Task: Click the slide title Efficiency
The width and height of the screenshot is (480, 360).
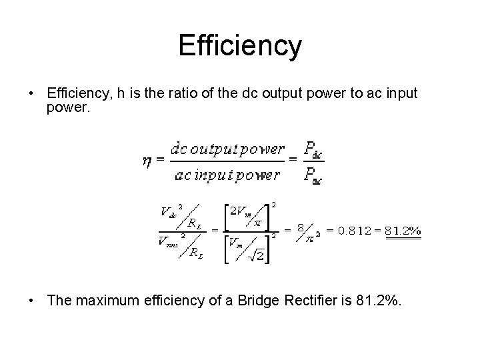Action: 240,47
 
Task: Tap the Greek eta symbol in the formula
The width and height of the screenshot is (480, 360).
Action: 147,162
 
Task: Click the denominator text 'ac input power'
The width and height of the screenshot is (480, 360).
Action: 227,176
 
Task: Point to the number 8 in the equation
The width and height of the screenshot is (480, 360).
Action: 301,228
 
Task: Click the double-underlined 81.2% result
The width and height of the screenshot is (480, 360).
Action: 405,232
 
